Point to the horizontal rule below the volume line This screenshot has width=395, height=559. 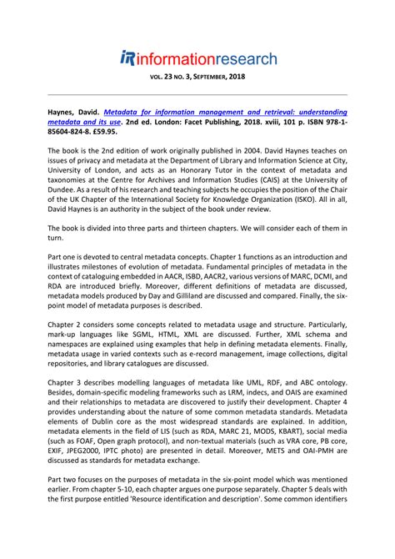(197, 94)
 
